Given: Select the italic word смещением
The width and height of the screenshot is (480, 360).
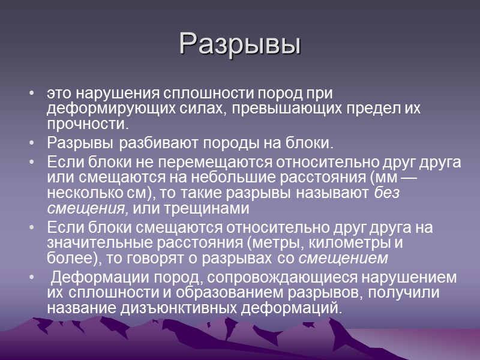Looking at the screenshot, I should coord(343,259).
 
